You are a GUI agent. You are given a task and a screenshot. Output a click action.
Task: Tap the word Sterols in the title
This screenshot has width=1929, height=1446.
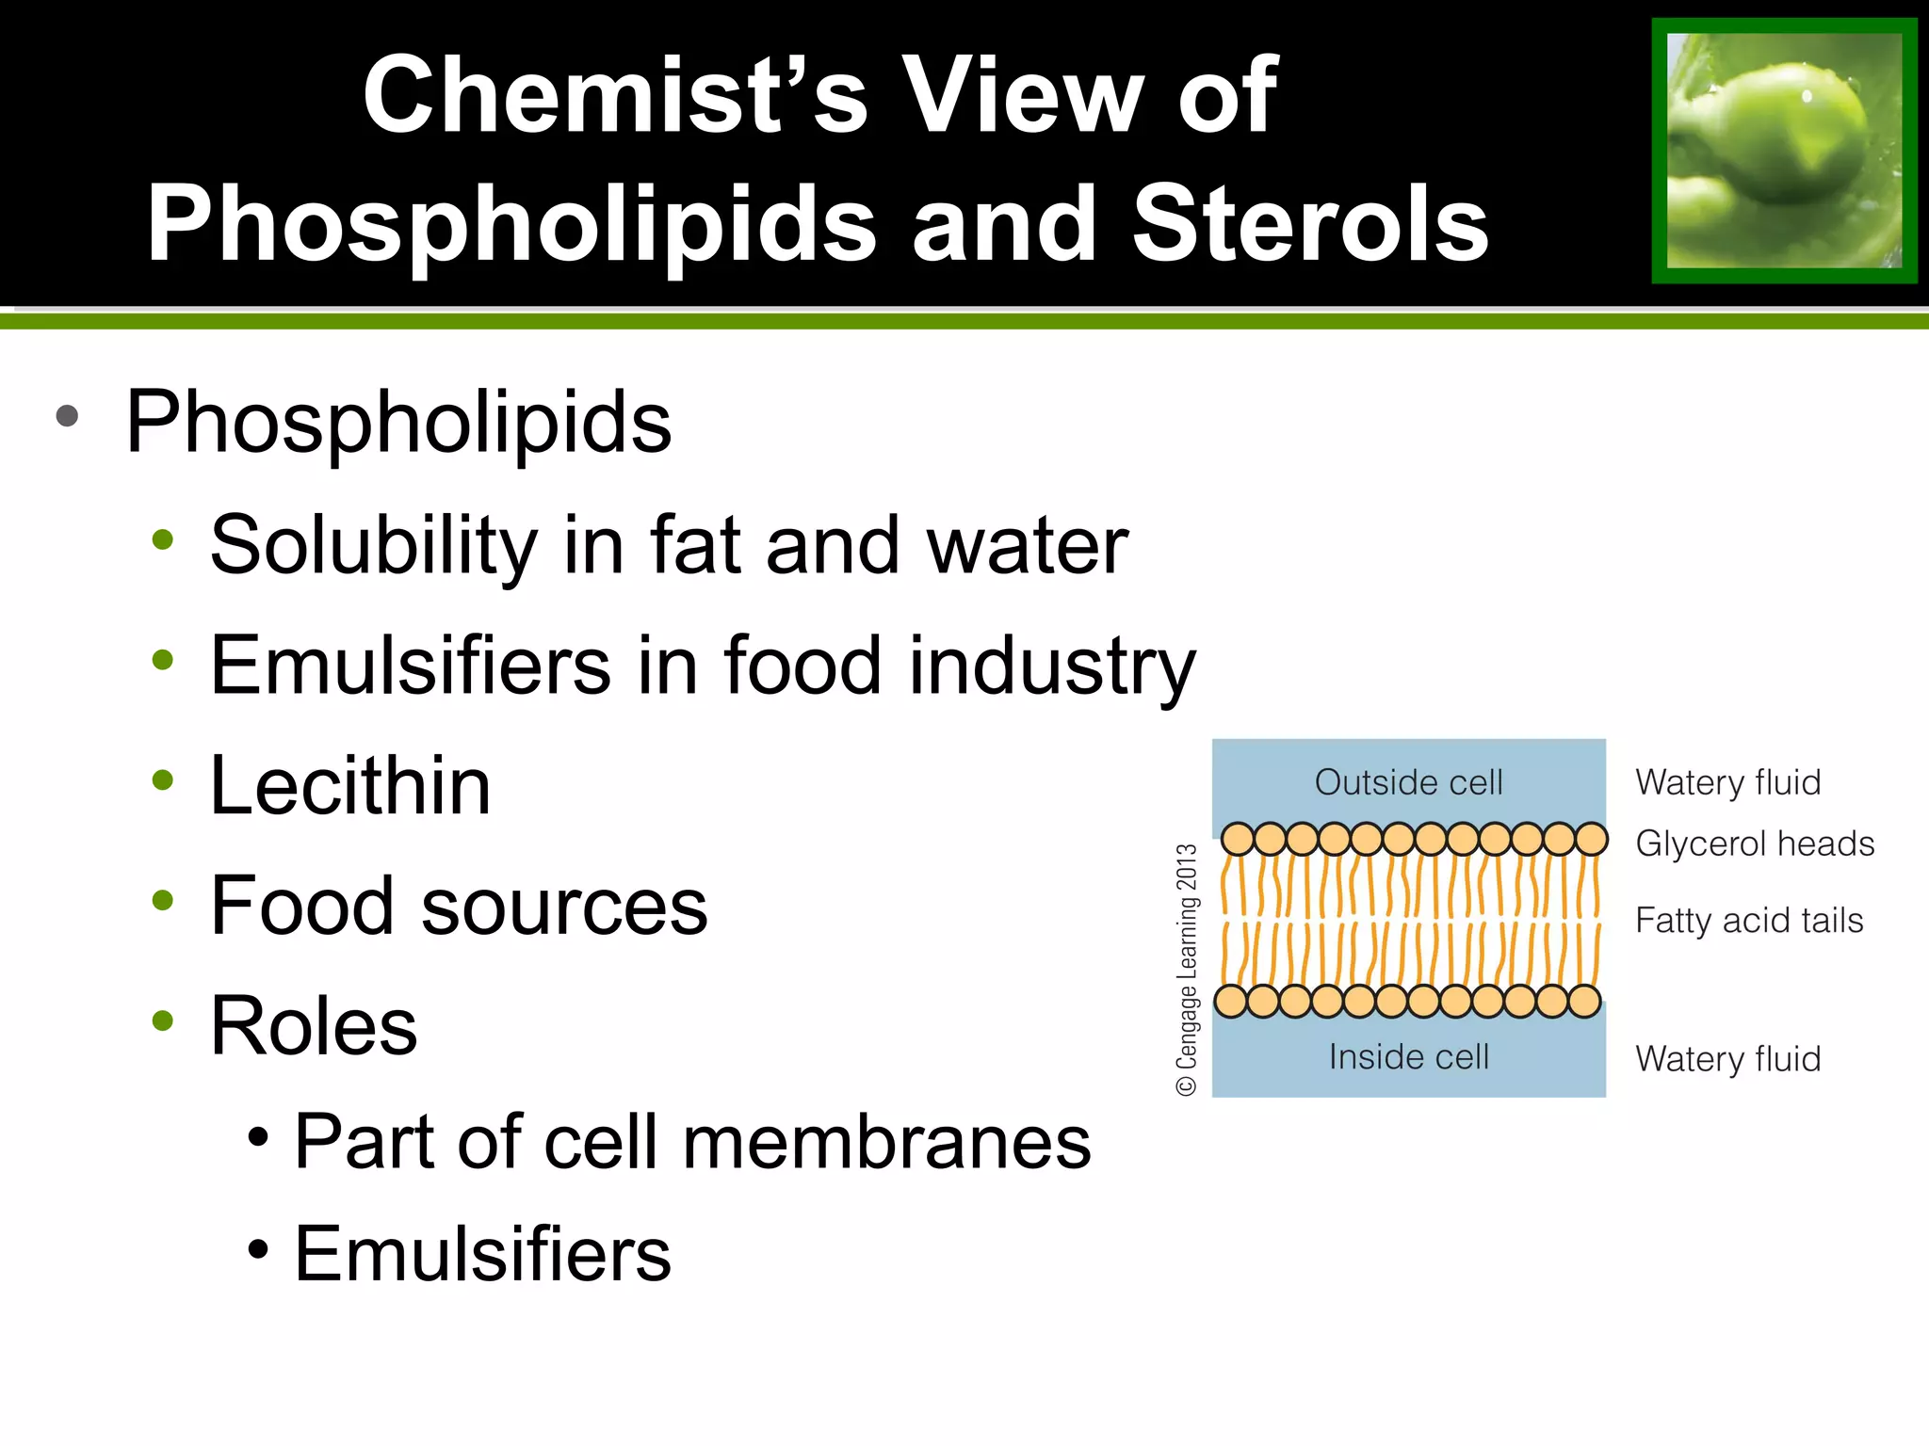1310,224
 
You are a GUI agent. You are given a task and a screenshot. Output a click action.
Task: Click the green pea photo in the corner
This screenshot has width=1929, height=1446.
1784,151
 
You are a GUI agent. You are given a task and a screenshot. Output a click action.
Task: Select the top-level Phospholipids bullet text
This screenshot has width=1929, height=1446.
398,422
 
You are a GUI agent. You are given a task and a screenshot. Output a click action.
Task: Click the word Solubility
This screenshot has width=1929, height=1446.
372,545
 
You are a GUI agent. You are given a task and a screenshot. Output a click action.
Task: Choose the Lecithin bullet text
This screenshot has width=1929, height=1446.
350,785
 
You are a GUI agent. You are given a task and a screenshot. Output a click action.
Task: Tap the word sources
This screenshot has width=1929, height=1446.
563,906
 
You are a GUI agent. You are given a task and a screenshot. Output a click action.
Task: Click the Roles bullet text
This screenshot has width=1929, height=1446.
314,1025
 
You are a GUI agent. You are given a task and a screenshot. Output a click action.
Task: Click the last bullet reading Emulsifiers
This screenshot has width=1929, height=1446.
482,1254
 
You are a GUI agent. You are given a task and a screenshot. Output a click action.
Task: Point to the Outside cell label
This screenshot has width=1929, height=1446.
1408,782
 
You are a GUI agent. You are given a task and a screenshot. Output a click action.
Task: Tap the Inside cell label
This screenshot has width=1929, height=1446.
1408,1057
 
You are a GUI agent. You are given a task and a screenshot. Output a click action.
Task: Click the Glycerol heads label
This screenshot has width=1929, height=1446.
1755,843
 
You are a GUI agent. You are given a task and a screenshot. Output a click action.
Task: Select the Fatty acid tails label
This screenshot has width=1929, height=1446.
1749,920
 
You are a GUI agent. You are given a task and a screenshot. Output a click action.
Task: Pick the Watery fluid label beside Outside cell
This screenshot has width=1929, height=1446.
1727,782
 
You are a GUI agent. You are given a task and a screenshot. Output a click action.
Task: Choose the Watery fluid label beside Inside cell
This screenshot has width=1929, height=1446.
1727,1059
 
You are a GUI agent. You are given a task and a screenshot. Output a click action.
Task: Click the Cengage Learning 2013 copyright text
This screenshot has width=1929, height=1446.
1187,970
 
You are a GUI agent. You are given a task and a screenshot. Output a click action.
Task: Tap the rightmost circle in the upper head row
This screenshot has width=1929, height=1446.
1591,839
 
